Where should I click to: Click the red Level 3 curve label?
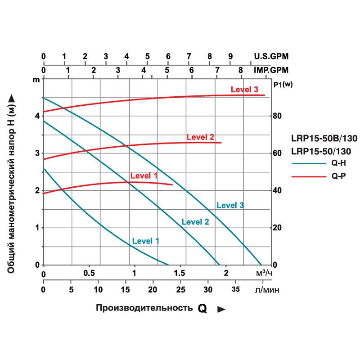coord(244,90)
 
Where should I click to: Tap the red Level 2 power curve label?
coord(200,137)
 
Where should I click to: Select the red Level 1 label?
coord(144,175)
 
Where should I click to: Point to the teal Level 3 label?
coord(230,205)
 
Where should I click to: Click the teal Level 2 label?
coord(195,221)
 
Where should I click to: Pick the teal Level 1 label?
coord(146,241)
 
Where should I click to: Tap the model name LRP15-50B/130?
coord(324,138)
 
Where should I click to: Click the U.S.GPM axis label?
coord(271,57)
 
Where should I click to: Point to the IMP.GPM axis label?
coord(271,70)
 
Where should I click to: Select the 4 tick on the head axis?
coord(37,116)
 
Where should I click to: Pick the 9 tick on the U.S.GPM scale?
coord(230,57)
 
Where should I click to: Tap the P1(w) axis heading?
coord(283,84)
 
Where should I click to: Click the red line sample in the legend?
coord(308,177)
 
